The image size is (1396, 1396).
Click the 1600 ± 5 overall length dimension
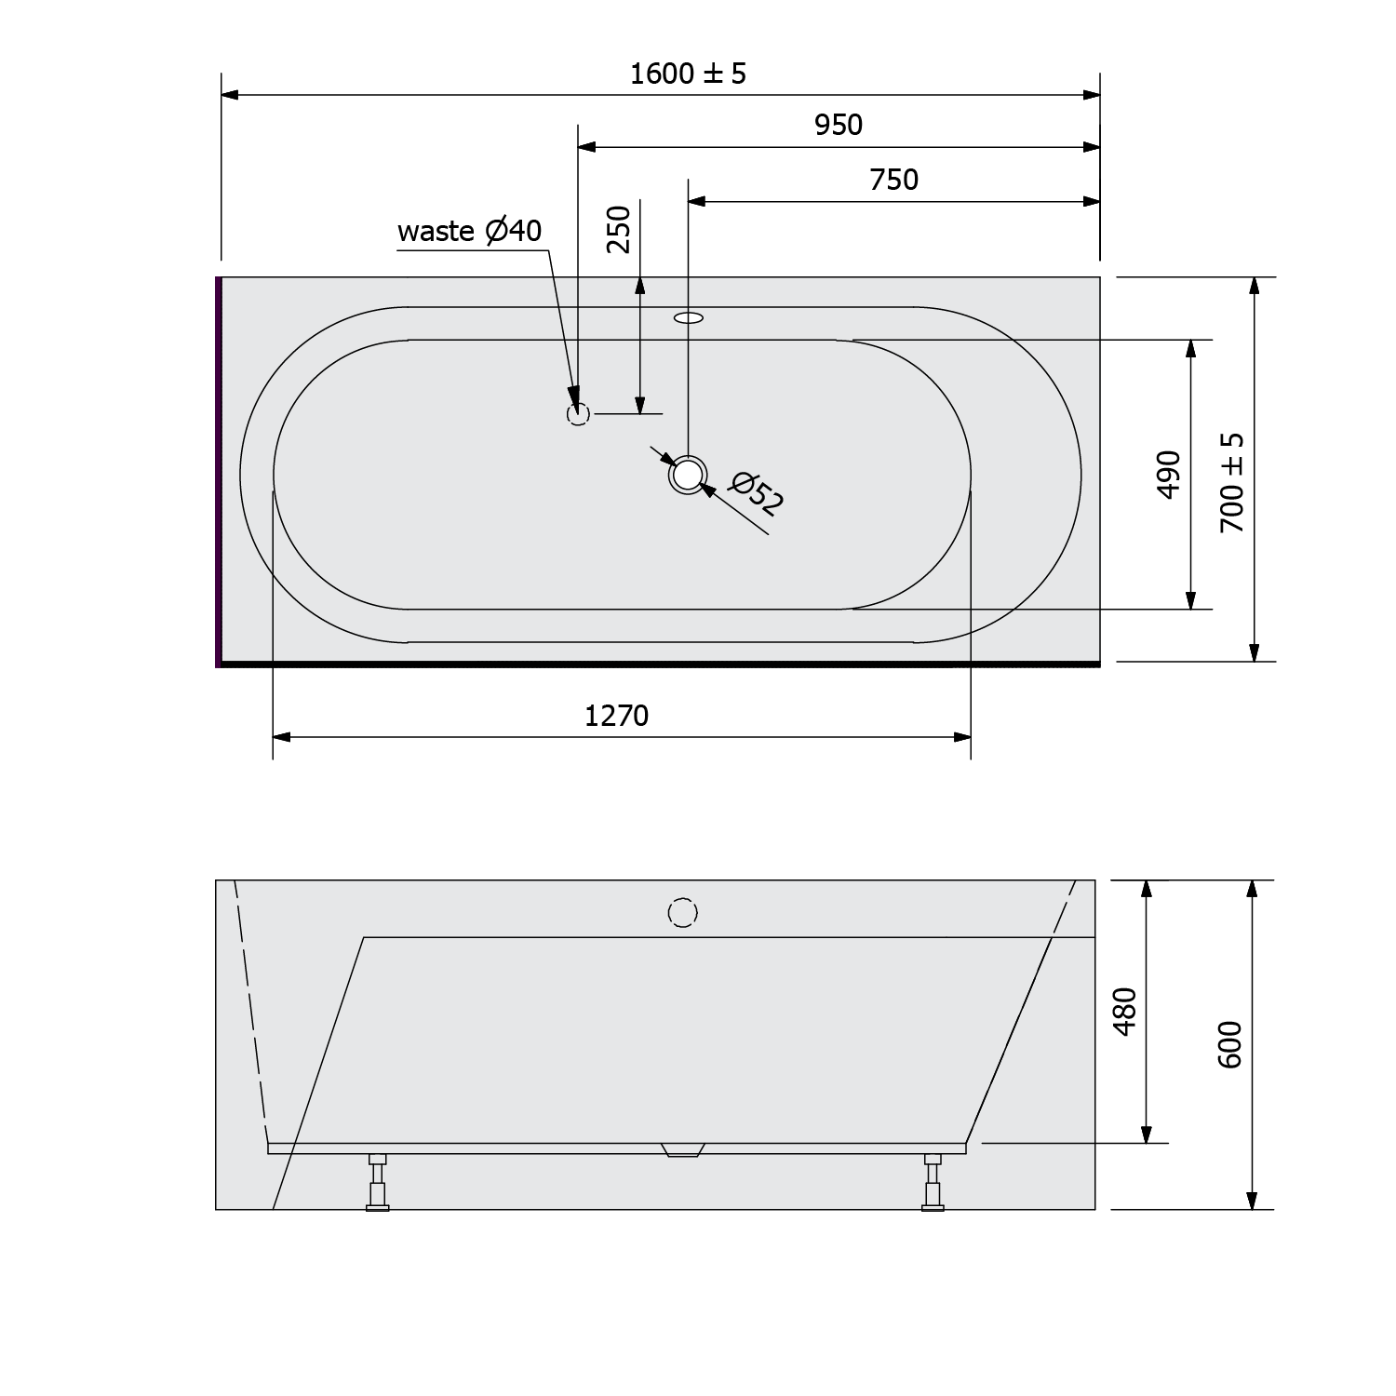click(x=688, y=74)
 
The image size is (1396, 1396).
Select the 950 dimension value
click(x=839, y=125)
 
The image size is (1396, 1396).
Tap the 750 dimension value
click(x=893, y=180)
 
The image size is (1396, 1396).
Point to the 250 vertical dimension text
click(x=619, y=229)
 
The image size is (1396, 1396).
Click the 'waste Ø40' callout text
click(x=469, y=231)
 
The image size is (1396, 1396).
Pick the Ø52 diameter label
click(x=757, y=494)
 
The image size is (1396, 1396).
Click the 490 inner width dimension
click(x=1169, y=474)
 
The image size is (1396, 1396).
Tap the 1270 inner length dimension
click(x=616, y=716)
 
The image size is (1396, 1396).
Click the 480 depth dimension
click(x=1125, y=1012)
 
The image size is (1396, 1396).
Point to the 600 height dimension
click(x=1229, y=1044)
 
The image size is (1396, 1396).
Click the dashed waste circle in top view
click(x=578, y=413)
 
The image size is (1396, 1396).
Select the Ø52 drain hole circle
click(x=687, y=475)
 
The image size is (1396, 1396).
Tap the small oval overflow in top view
click(x=689, y=318)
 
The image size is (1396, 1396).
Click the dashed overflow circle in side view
click(x=682, y=913)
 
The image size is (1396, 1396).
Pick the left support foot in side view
click(x=377, y=1183)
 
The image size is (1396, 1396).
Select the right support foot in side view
click(x=932, y=1183)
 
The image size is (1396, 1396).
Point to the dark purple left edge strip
click(x=219, y=470)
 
